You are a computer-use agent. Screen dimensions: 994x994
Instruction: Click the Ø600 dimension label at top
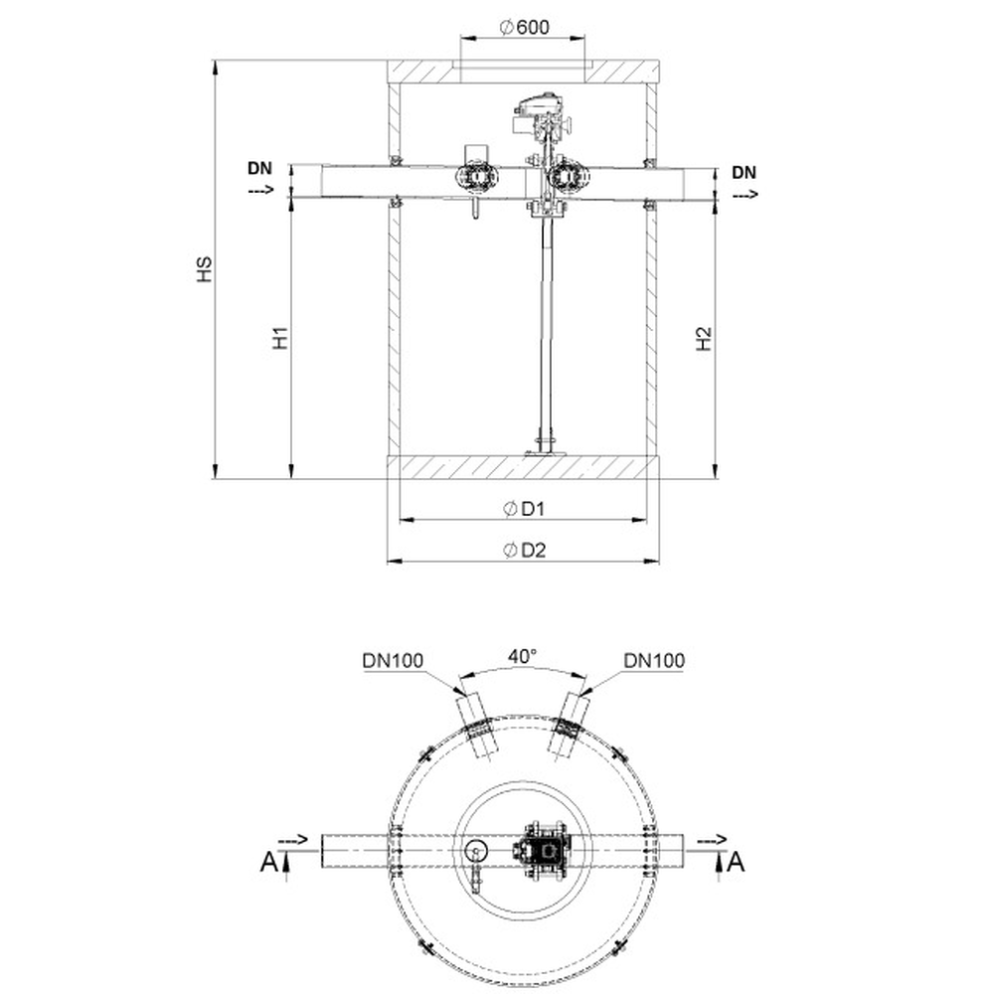coord(524,27)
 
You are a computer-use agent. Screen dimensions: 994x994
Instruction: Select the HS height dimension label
coord(204,269)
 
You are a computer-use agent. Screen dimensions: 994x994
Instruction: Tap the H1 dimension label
coord(280,338)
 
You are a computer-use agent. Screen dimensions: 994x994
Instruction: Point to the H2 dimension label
coord(704,339)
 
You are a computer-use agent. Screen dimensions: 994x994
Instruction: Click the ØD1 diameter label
coord(524,508)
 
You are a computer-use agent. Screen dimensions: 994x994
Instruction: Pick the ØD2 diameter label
coord(524,551)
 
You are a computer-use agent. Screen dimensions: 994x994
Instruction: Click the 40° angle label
coord(522,656)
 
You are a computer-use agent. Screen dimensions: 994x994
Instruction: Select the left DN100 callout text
coord(393,661)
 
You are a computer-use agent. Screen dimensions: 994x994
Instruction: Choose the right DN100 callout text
coord(654,661)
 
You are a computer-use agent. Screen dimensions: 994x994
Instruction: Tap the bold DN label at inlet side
coord(259,168)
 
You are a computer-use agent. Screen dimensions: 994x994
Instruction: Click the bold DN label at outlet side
coord(745,172)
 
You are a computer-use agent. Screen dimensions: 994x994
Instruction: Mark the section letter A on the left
coord(268,862)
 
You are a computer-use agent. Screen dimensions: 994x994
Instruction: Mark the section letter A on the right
coord(736,862)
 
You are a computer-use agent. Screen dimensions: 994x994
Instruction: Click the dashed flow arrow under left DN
coord(260,189)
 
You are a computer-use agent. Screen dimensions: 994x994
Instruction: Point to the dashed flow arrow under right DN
coord(745,194)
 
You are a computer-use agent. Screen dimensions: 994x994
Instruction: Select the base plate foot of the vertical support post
coord(545,452)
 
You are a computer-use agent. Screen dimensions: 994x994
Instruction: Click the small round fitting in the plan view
coord(475,852)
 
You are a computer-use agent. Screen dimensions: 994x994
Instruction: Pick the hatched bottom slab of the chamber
coord(524,467)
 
